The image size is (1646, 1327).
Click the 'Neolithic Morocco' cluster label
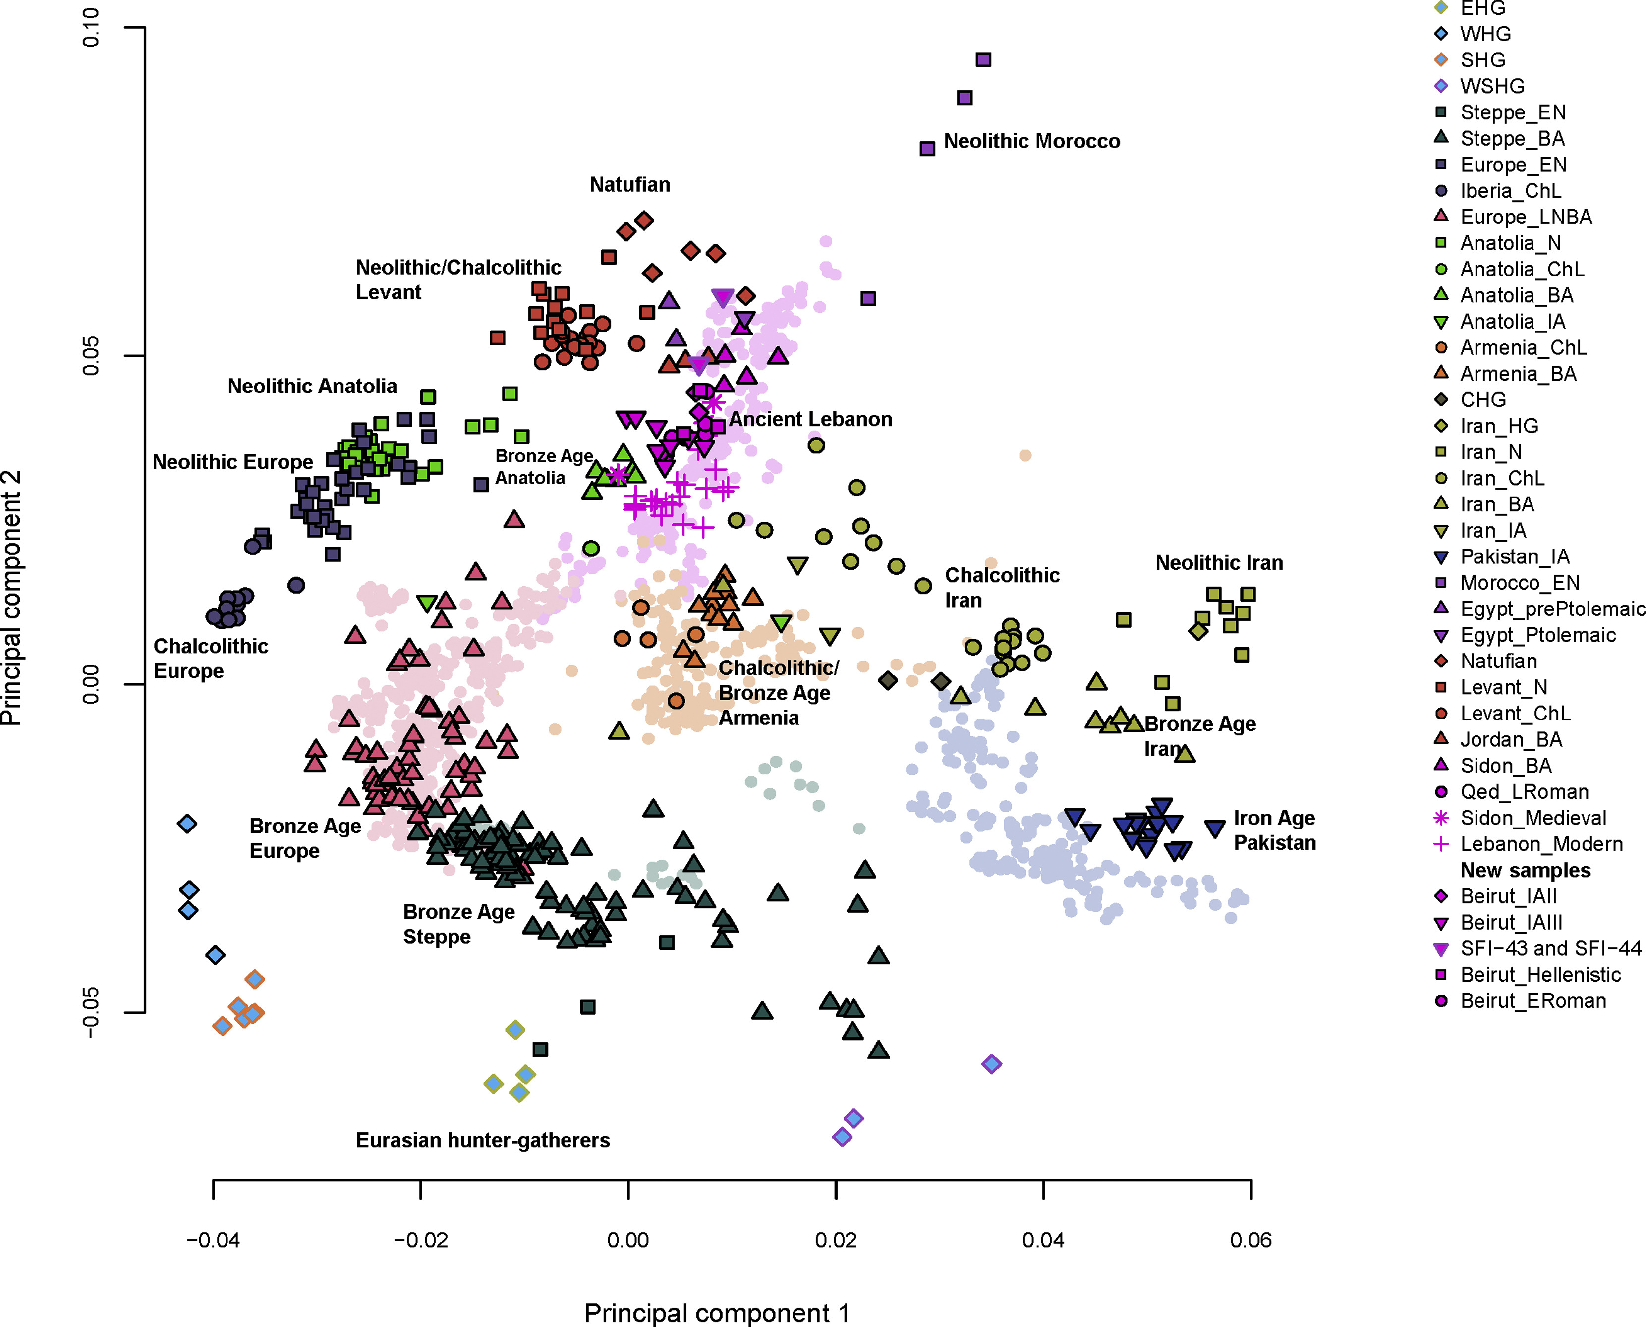[x=1031, y=141]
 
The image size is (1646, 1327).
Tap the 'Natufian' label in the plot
[x=629, y=185]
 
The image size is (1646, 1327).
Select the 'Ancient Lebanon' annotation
[x=810, y=420]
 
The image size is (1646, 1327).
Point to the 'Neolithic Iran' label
[x=1219, y=563]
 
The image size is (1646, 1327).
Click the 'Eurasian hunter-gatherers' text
[x=482, y=1141]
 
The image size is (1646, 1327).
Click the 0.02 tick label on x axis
[x=836, y=1240]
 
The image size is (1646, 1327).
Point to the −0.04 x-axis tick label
[x=213, y=1240]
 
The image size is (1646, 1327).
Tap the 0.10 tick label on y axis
[x=91, y=28]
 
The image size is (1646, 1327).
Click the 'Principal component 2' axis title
[x=11, y=598]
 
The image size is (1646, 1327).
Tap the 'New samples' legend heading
[x=1525, y=870]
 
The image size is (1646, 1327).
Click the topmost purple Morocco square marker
[x=983, y=59]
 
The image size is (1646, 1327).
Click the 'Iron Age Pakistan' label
[x=1274, y=830]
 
